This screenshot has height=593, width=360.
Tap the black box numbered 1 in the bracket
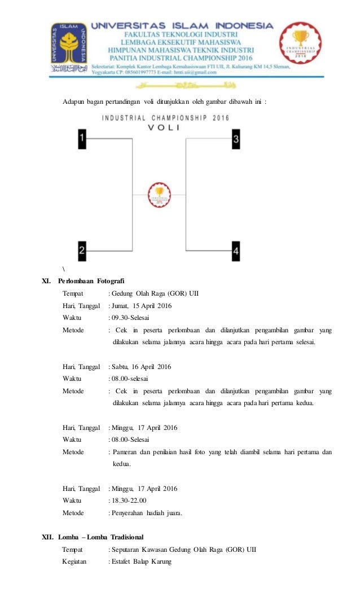pyautogui.click(x=82, y=138)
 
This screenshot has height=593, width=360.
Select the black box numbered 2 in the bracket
pyautogui.click(x=82, y=250)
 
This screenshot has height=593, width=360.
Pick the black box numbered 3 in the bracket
pyautogui.click(x=236, y=138)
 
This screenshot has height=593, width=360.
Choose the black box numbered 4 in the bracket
pyautogui.click(x=236, y=250)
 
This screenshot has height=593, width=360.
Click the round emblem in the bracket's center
pyautogui.click(x=160, y=194)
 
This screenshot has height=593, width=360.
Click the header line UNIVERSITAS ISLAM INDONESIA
pyautogui.click(x=182, y=26)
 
